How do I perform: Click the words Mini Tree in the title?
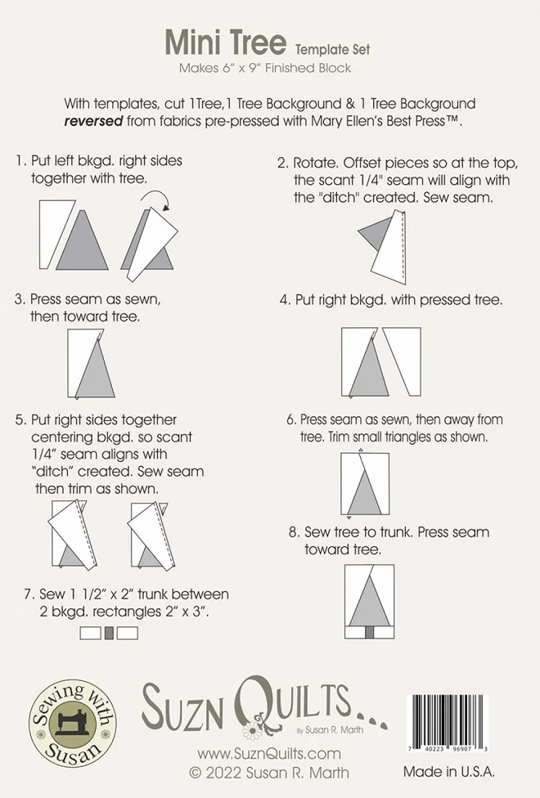coord(226,43)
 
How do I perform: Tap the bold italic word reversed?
coord(93,121)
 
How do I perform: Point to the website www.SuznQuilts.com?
coord(269,754)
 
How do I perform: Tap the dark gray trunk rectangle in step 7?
coord(109,633)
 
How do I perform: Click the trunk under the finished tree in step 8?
coord(369,631)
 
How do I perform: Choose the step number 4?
coord(285,300)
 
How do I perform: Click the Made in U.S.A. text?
coord(449,772)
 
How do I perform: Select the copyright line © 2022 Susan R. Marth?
coord(269,773)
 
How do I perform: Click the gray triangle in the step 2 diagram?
coord(376,232)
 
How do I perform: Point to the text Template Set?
coord(332,50)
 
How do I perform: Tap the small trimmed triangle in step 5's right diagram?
coord(163,507)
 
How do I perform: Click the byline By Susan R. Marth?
coord(330,730)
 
